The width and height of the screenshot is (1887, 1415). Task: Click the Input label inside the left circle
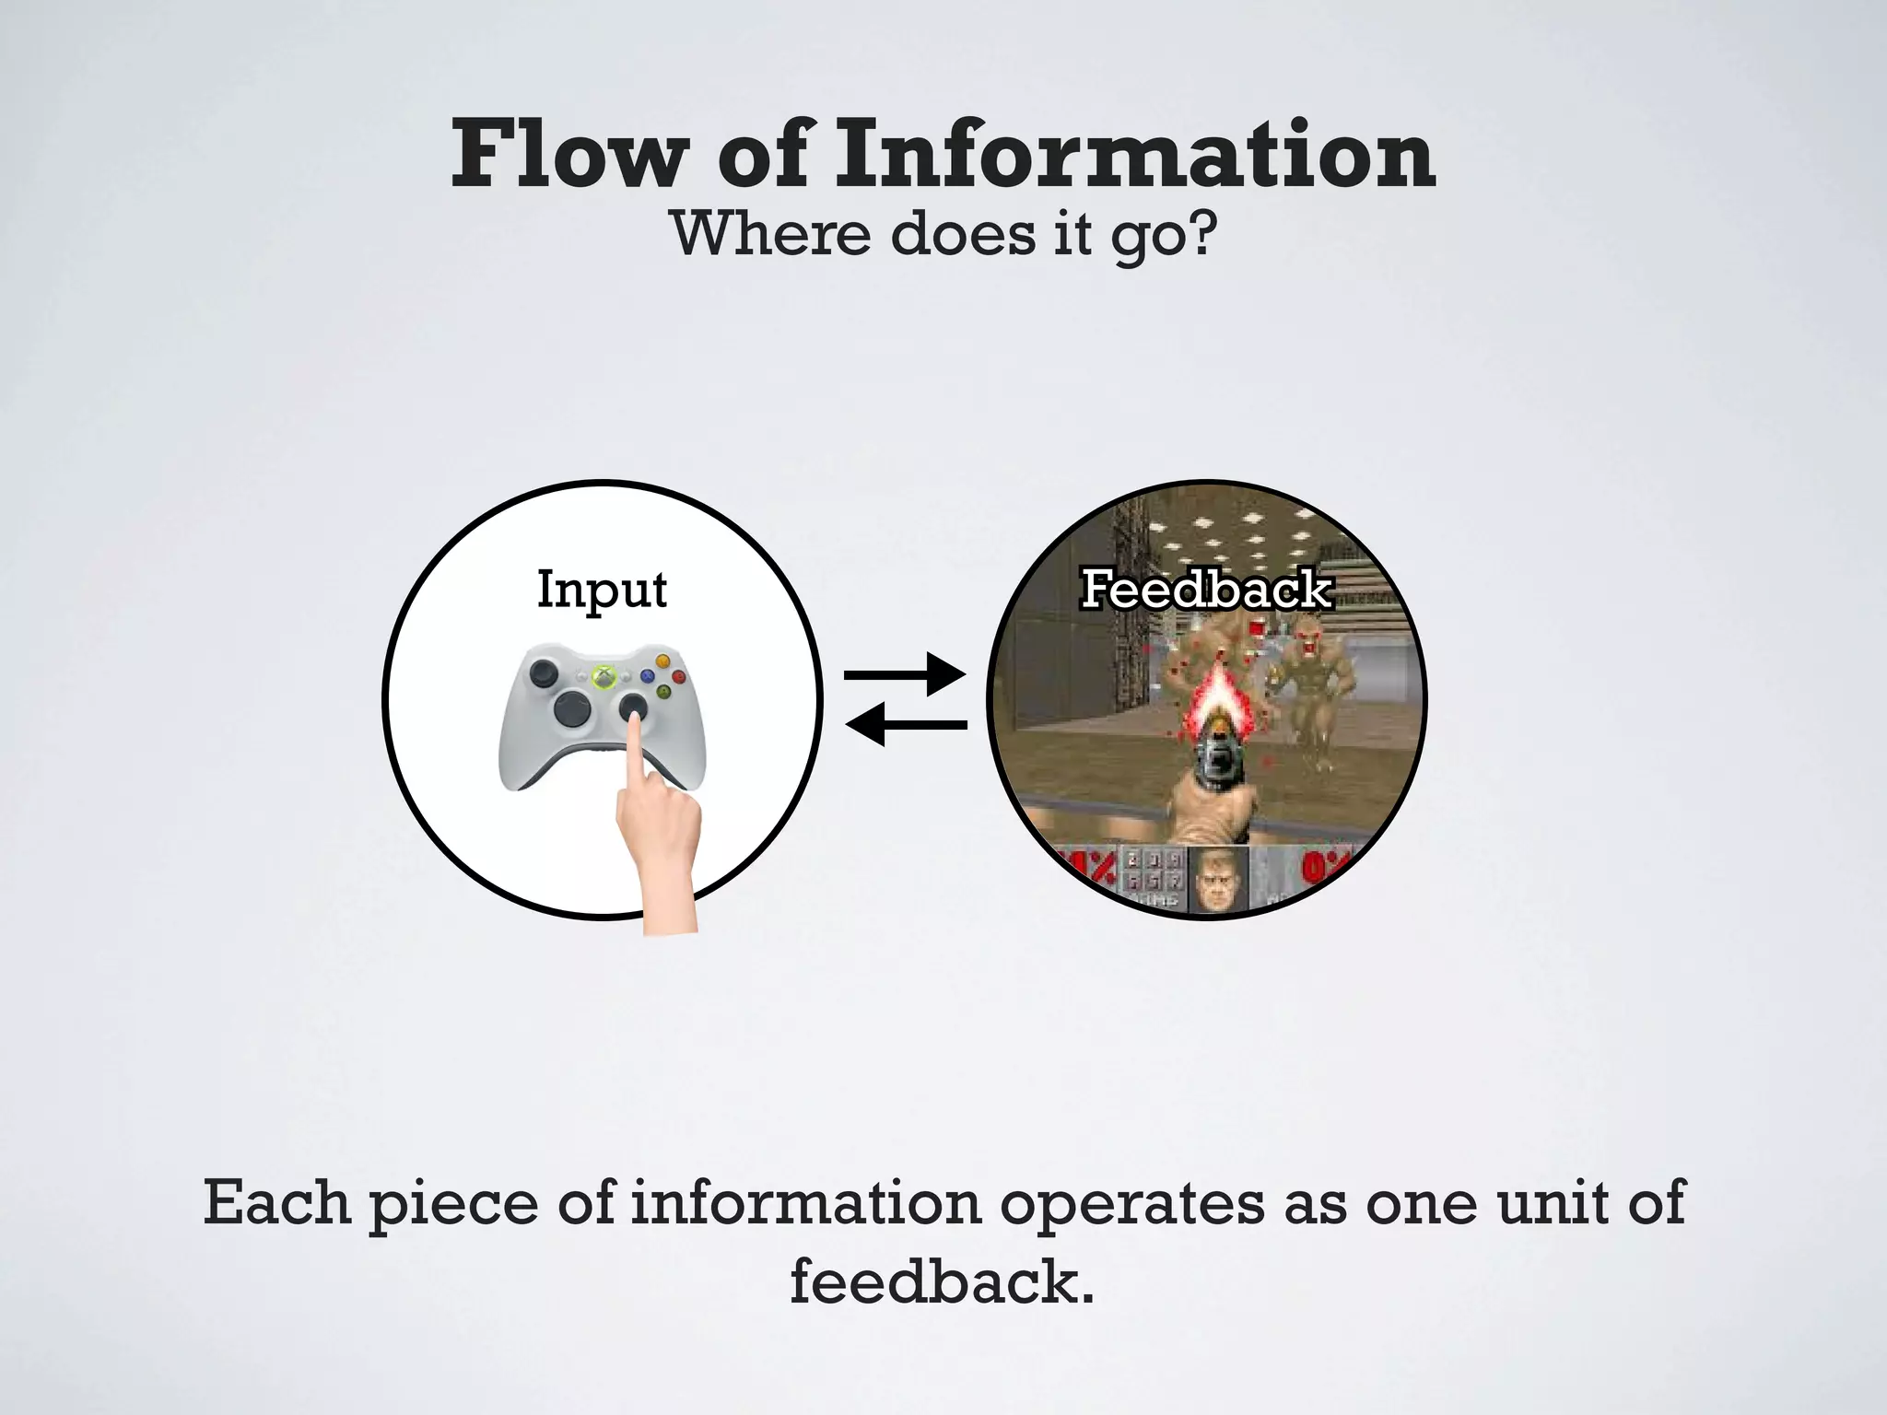pyautogui.click(x=602, y=590)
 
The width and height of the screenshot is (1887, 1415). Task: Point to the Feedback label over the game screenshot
pyautogui.click(x=1206, y=590)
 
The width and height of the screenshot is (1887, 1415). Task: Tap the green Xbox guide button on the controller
pyautogui.click(x=604, y=677)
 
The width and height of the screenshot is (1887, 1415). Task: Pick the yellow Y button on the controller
pyautogui.click(x=662, y=661)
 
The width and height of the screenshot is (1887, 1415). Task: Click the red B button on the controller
pyautogui.click(x=679, y=677)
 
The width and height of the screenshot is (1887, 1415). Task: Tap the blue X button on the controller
pyautogui.click(x=647, y=677)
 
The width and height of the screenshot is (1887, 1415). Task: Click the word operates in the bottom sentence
pyautogui.click(x=1131, y=1204)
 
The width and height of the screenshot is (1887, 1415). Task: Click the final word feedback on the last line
pyautogui.click(x=942, y=1281)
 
